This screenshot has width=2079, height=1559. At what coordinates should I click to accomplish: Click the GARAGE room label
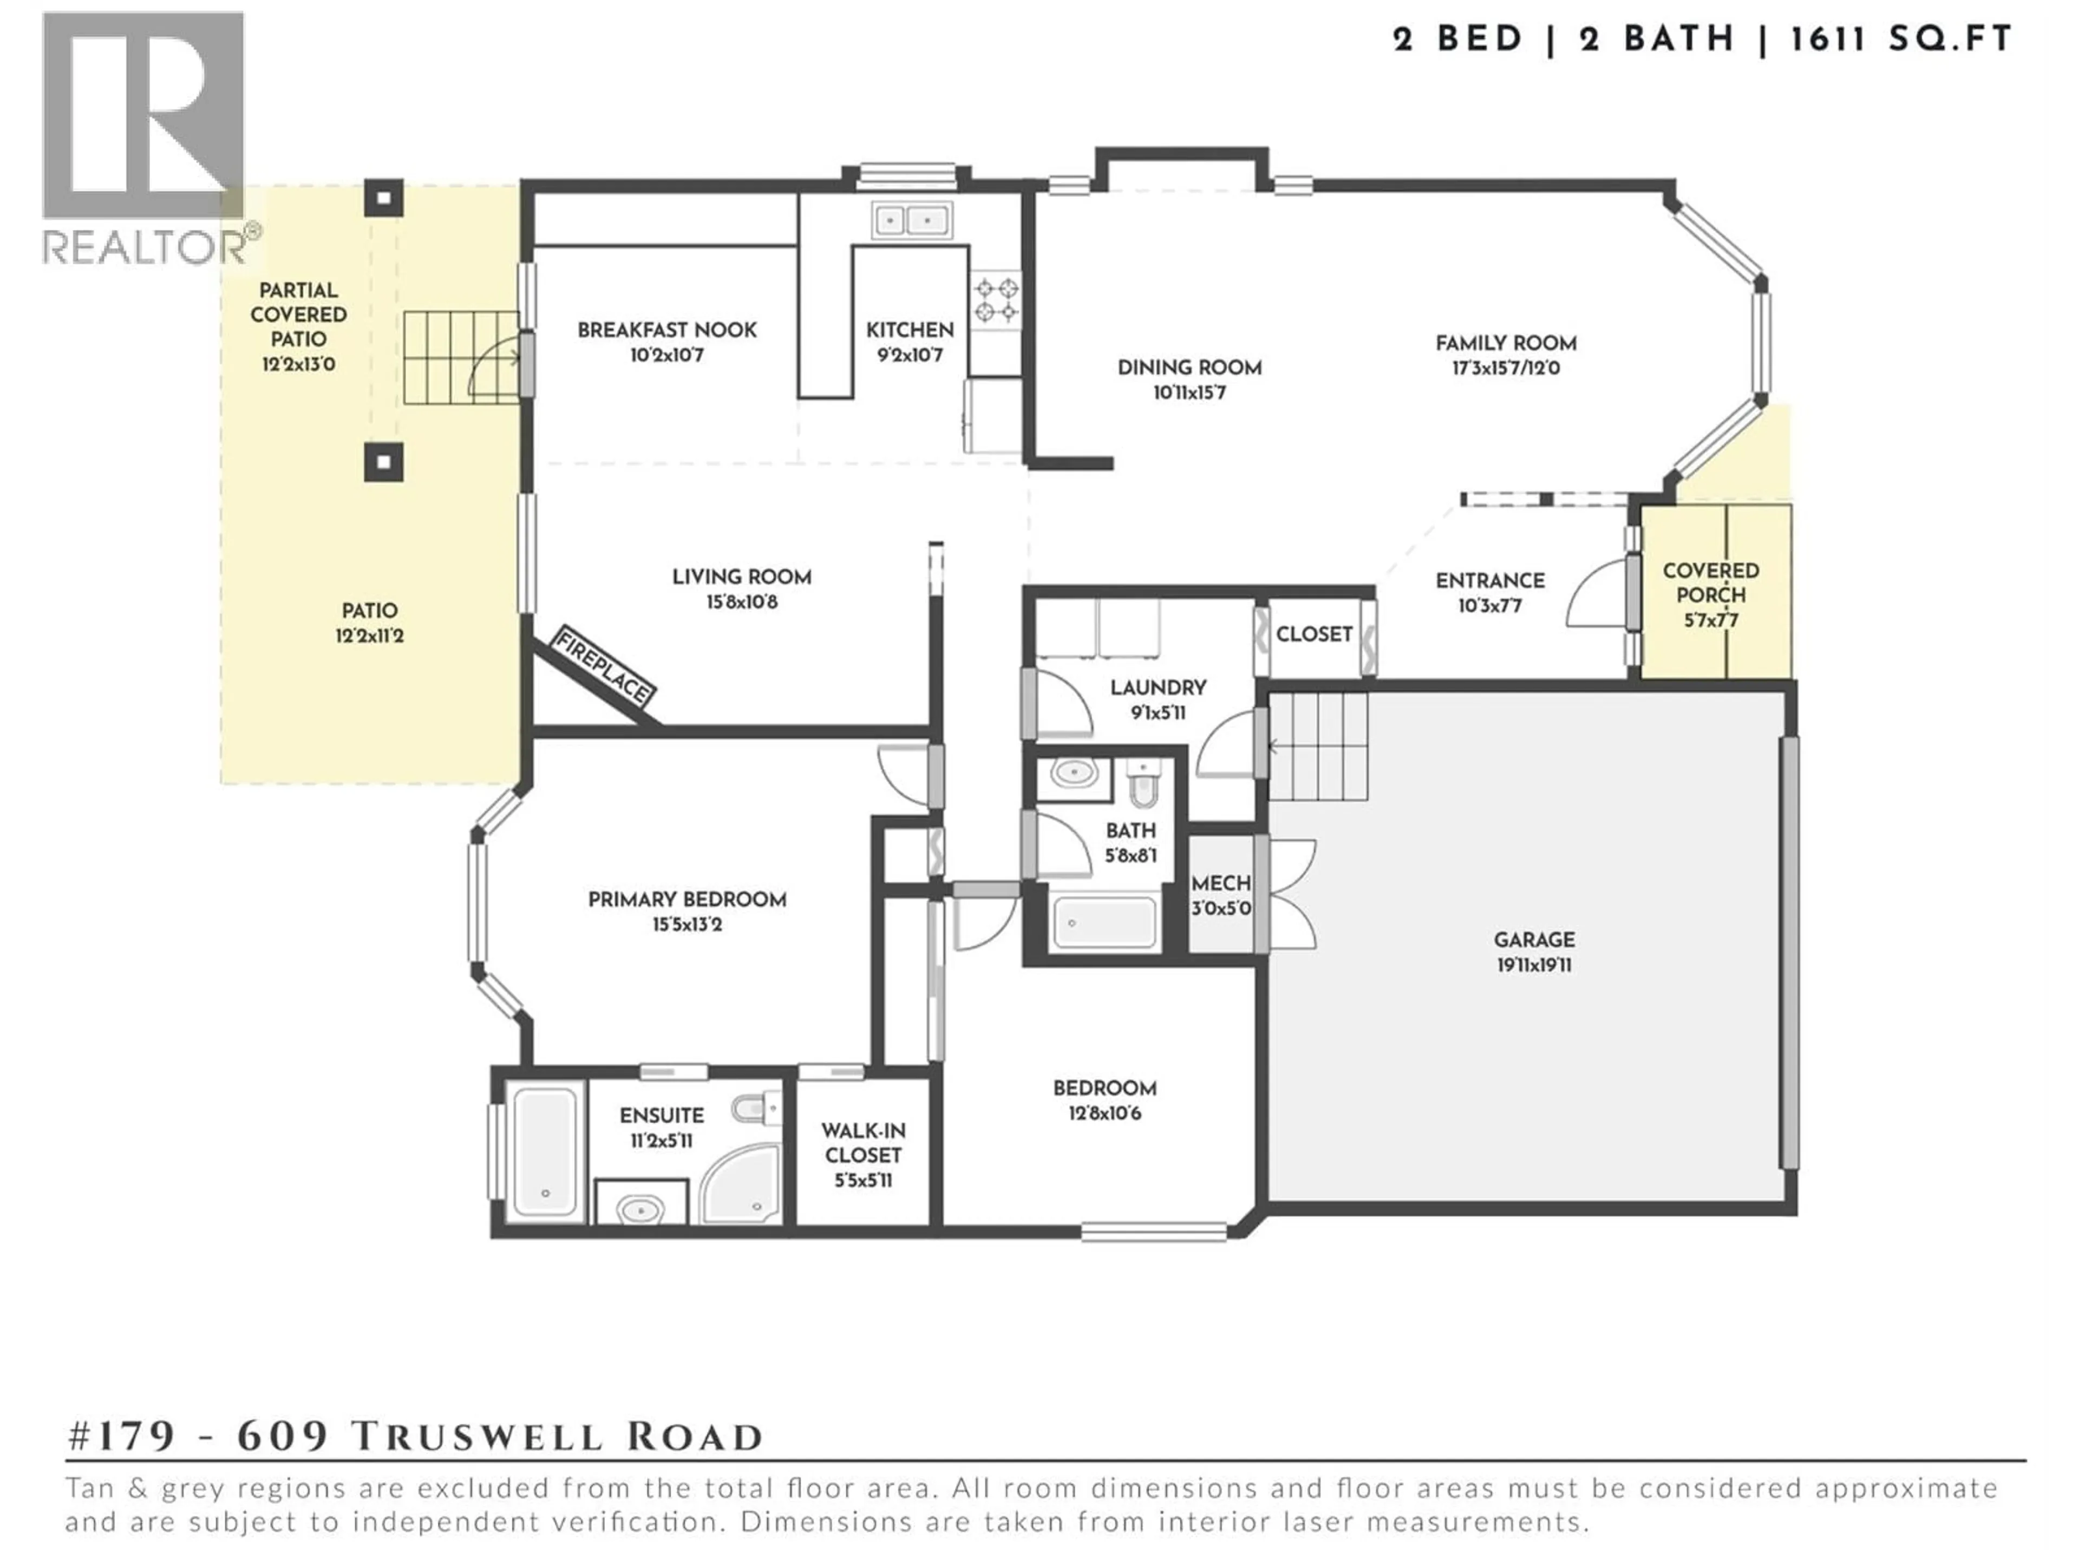click(1534, 940)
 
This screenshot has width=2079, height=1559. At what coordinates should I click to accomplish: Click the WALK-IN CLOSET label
click(863, 1144)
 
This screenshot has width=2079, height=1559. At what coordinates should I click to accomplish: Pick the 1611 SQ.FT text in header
click(1900, 40)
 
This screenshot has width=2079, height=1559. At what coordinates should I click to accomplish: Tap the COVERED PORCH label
click(1710, 582)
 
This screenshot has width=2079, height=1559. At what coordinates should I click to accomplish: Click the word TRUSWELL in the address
click(475, 1437)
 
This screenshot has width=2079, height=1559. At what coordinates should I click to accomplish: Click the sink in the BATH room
click(1073, 774)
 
